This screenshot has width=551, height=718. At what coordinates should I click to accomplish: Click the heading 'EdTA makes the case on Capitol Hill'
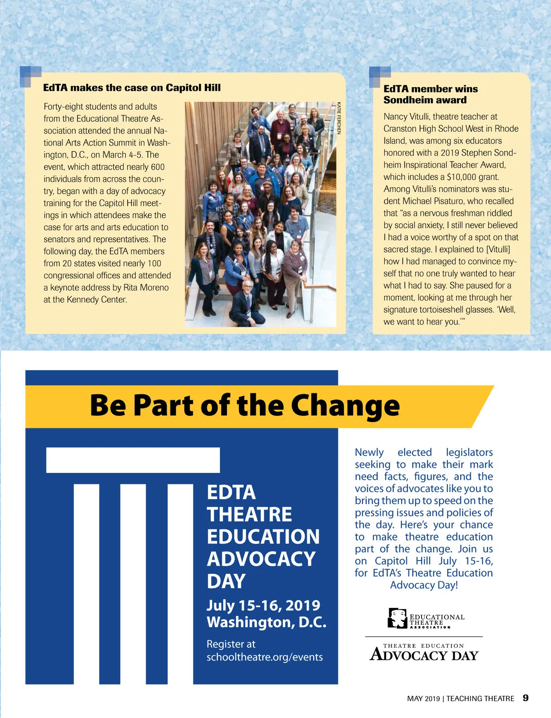132,88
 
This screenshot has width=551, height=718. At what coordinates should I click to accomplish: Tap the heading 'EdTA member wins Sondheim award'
430,94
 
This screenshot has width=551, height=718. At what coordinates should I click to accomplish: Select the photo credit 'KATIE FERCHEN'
339,118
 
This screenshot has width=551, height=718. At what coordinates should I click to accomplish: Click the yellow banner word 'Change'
345,405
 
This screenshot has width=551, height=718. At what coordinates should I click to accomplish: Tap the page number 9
525,698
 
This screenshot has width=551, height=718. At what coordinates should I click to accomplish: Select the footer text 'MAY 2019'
423,699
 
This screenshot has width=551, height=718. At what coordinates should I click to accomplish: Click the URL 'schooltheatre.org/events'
264,657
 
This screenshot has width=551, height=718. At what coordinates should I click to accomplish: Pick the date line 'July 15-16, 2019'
263,605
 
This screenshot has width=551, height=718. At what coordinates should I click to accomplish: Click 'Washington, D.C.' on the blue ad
266,623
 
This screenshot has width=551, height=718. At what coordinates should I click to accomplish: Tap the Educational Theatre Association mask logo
398,618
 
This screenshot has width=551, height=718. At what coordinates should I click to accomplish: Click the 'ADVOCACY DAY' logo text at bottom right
424,655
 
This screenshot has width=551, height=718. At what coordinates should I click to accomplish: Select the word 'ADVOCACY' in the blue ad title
261,559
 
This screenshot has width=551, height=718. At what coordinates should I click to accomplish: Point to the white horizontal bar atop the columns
133,460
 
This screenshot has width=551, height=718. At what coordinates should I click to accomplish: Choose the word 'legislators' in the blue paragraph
469,452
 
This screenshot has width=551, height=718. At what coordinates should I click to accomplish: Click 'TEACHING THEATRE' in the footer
480,699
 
